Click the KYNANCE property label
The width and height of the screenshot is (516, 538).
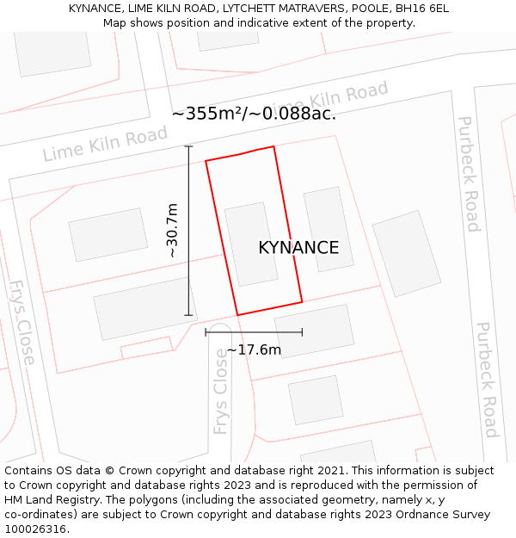[x=298, y=248]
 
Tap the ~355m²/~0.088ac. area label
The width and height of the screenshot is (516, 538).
[x=254, y=114]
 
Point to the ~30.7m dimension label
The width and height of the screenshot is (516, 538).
[x=172, y=231]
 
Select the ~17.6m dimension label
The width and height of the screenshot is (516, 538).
[x=254, y=349]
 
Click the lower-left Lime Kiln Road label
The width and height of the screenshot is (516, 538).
[x=105, y=144]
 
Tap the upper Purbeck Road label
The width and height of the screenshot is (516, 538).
[x=468, y=174]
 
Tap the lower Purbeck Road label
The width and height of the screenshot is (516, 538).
[x=488, y=379]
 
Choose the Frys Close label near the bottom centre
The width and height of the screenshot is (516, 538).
[x=221, y=397]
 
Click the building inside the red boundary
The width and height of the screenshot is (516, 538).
[x=251, y=244]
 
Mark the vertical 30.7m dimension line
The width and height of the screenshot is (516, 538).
[x=188, y=231]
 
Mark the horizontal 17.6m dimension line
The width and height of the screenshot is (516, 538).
[x=254, y=331]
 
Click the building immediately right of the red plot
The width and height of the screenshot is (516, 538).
[x=329, y=229]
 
